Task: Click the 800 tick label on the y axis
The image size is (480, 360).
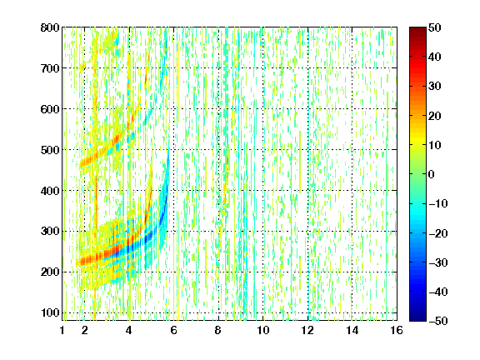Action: click(x=50, y=27)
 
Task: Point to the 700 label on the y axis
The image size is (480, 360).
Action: click(x=50, y=68)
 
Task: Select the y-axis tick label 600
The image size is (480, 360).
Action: click(x=50, y=109)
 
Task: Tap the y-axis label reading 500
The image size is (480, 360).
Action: click(x=50, y=150)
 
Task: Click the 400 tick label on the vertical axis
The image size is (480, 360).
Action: click(x=50, y=191)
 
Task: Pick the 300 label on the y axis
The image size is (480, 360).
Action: click(x=50, y=232)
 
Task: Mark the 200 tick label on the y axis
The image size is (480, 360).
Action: click(x=50, y=272)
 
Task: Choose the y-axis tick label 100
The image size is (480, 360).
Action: click(x=50, y=312)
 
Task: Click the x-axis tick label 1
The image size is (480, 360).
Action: click(x=62, y=330)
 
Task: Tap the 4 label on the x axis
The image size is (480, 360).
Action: click(x=129, y=330)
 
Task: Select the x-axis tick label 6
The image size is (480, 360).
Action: click(x=173, y=330)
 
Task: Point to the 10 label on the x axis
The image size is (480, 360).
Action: click(x=263, y=330)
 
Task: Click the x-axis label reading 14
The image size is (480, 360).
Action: click(x=352, y=330)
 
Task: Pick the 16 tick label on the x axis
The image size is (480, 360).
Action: click(x=397, y=330)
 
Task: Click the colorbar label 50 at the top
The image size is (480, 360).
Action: click(x=435, y=27)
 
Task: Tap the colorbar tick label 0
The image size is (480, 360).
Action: click(x=432, y=174)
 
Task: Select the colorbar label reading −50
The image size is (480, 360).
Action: click(x=438, y=321)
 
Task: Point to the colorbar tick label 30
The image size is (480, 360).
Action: click(x=435, y=87)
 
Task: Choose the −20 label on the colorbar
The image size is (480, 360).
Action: click(x=438, y=233)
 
